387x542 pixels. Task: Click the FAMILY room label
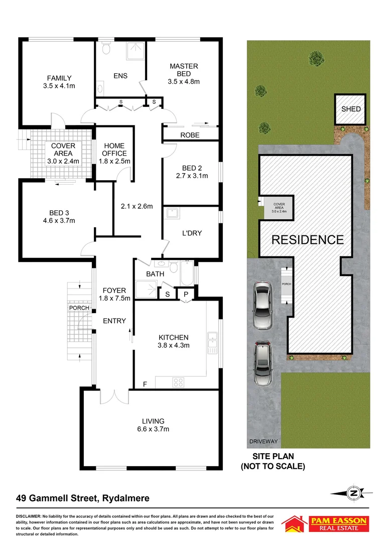point(59,78)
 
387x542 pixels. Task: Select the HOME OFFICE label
point(114,150)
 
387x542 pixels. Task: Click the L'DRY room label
point(192,233)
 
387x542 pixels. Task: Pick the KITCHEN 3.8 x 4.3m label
point(174,341)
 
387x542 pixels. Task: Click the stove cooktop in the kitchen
point(178,381)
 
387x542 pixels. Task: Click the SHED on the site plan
point(351,109)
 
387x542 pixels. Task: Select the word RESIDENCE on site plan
point(307,239)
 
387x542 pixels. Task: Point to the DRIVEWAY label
point(264,442)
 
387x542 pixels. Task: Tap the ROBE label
point(190,135)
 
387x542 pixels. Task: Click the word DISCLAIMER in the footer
point(31,516)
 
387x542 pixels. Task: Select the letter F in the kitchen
point(145,384)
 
